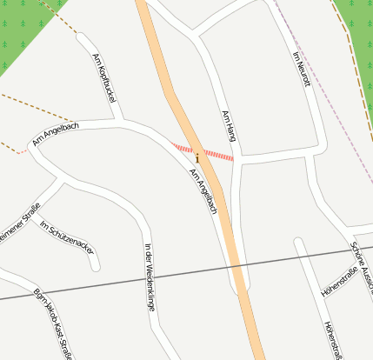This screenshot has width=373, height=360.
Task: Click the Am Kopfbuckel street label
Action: click(103, 79)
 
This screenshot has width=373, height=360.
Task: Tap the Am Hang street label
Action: click(229, 127)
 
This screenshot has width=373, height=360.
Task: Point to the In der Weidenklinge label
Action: click(150, 277)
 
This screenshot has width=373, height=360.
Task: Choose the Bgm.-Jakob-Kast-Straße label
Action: click(51, 322)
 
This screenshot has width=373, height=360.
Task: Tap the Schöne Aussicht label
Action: click(361, 266)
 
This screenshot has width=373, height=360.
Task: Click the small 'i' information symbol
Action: click(197, 158)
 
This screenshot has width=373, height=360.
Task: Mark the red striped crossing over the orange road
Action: click(217, 156)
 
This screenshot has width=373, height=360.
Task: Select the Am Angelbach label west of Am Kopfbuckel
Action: click(56, 133)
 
